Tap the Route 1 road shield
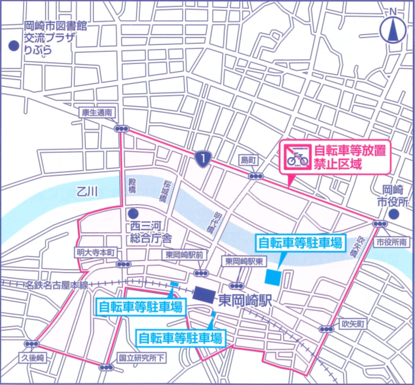tap(200, 157)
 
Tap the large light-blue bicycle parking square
tap(274, 277)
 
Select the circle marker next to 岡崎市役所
tap(393, 214)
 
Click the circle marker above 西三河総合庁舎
tap(133, 212)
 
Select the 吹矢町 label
tap(353, 324)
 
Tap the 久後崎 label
tap(32, 358)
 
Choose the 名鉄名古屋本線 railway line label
tap(56, 285)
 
